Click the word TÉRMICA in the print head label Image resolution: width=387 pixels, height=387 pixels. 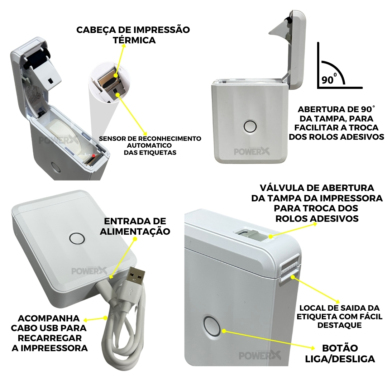pos(134,40)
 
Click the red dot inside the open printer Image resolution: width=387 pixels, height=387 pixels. pos(94,156)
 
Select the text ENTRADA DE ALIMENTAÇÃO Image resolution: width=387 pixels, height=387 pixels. pos(135,226)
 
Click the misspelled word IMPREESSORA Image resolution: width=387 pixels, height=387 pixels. pos(50,348)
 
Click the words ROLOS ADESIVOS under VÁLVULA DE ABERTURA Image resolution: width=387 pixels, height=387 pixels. pos(317,218)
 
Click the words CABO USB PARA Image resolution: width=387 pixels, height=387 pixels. pos(49,328)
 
